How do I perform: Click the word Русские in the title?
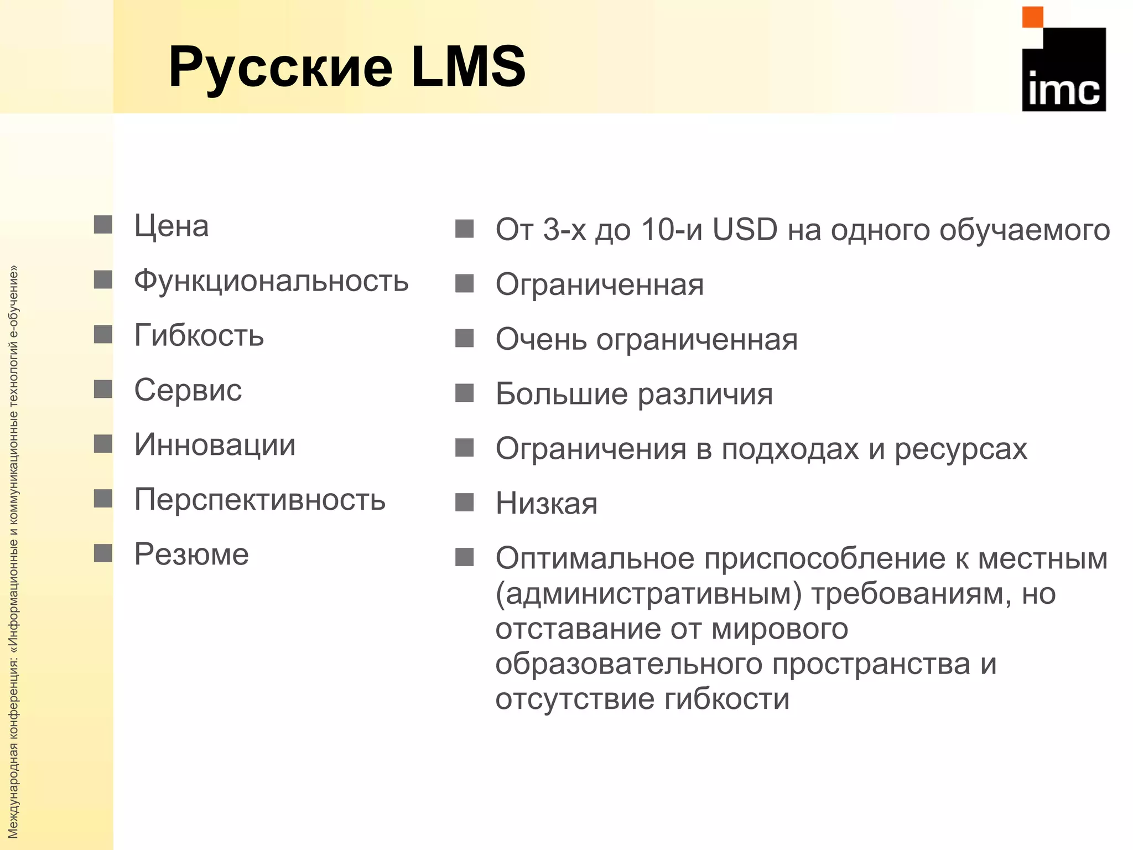click(280, 68)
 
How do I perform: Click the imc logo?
click(1063, 69)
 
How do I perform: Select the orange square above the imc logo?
click(1032, 17)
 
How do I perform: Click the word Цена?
click(171, 226)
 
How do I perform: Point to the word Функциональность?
click(271, 281)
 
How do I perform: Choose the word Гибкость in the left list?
click(199, 335)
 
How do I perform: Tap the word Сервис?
click(188, 390)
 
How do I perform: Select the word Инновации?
click(215, 444)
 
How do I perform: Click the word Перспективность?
click(259, 500)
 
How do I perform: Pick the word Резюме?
click(191, 554)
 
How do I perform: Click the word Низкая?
click(547, 503)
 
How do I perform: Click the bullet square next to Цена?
click(103, 225)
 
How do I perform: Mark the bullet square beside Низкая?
click(464, 502)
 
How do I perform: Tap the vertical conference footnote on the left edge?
click(13, 553)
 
